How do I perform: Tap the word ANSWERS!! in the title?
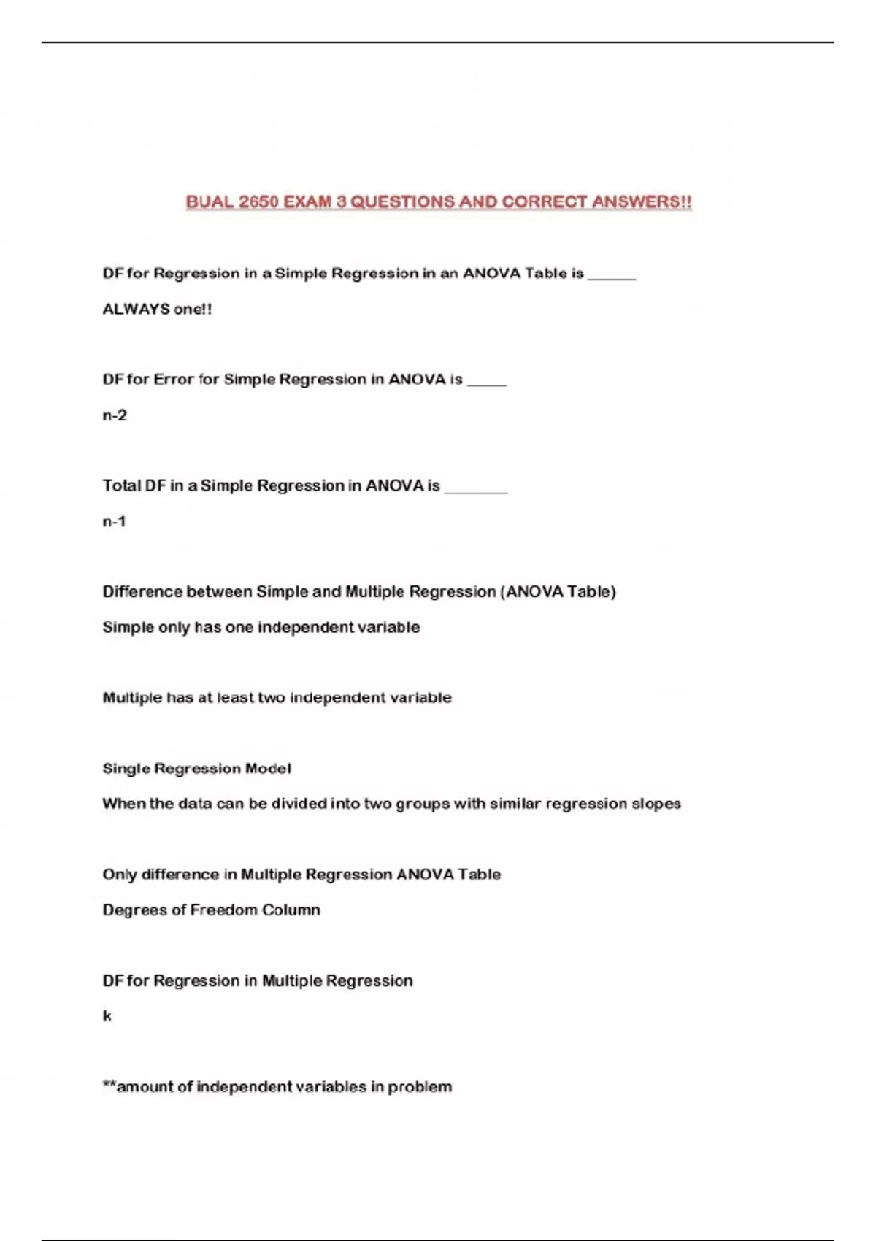(x=642, y=202)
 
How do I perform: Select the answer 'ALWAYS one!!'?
(x=157, y=309)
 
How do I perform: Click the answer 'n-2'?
(x=115, y=415)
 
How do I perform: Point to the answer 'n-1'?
(x=115, y=521)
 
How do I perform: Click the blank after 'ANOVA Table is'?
(x=612, y=276)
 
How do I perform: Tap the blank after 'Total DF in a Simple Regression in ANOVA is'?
(x=475, y=489)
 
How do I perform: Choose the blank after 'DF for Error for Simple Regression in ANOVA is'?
(x=486, y=383)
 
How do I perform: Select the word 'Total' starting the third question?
(x=122, y=485)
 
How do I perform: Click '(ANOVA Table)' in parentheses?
(x=558, y=591)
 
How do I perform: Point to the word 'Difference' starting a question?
(x=142, y=591)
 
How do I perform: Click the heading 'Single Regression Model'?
(x=196, y=768)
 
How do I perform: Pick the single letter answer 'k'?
(x=107, y=1016)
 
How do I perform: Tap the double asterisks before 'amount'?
(x=109, y=1084)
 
